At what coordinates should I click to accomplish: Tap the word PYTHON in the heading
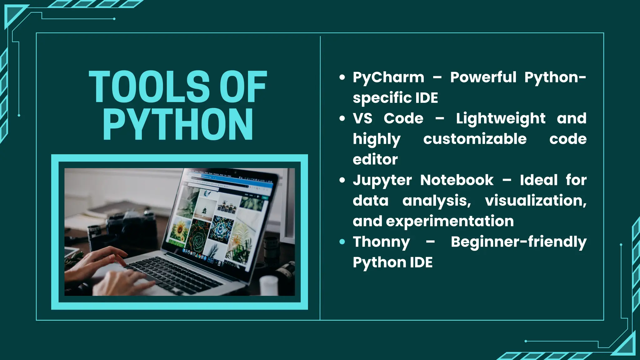pos(177,124)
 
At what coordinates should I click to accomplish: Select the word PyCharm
pos(388,77)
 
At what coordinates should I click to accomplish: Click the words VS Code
pos(388,118)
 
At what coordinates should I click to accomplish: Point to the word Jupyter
pos(382,180)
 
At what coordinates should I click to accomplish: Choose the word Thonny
pos(381,242)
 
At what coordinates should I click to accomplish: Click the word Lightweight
pos(501,119)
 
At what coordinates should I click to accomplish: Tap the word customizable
pos(475,139)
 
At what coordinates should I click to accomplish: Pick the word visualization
pos(535,201)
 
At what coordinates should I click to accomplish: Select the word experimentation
pos(450,221)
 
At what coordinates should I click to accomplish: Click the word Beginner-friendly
pos(518,242)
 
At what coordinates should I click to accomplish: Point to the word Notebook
pos(457,180)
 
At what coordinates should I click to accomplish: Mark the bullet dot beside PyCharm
pos(342,77)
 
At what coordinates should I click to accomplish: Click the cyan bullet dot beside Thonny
pos(342,242)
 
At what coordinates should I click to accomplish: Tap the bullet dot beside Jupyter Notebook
pos(342,180)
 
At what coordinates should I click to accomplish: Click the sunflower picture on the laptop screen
pos(179,231)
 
